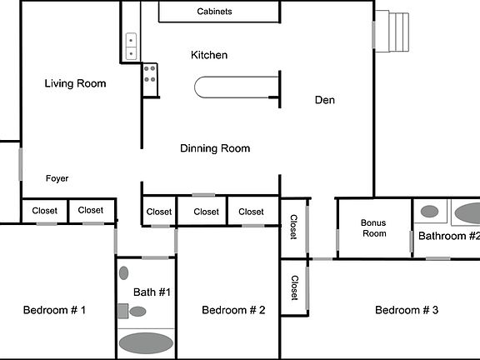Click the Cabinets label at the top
point(214,12)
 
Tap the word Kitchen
point(209,55)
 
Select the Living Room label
point(75,83)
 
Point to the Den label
point(325,100)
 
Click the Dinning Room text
point(215,148)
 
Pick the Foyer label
point(57,178)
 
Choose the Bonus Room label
point(373,228)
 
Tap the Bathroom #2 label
point(448,236)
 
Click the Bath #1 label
point(152,292)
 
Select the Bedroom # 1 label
point(54,310)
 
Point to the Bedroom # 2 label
point(233,310)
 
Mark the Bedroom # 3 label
point(407,310)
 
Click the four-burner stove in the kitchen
point(150,79)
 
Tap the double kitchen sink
point(132,45)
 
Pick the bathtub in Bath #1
point(145,342)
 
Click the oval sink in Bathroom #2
point(430,212)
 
